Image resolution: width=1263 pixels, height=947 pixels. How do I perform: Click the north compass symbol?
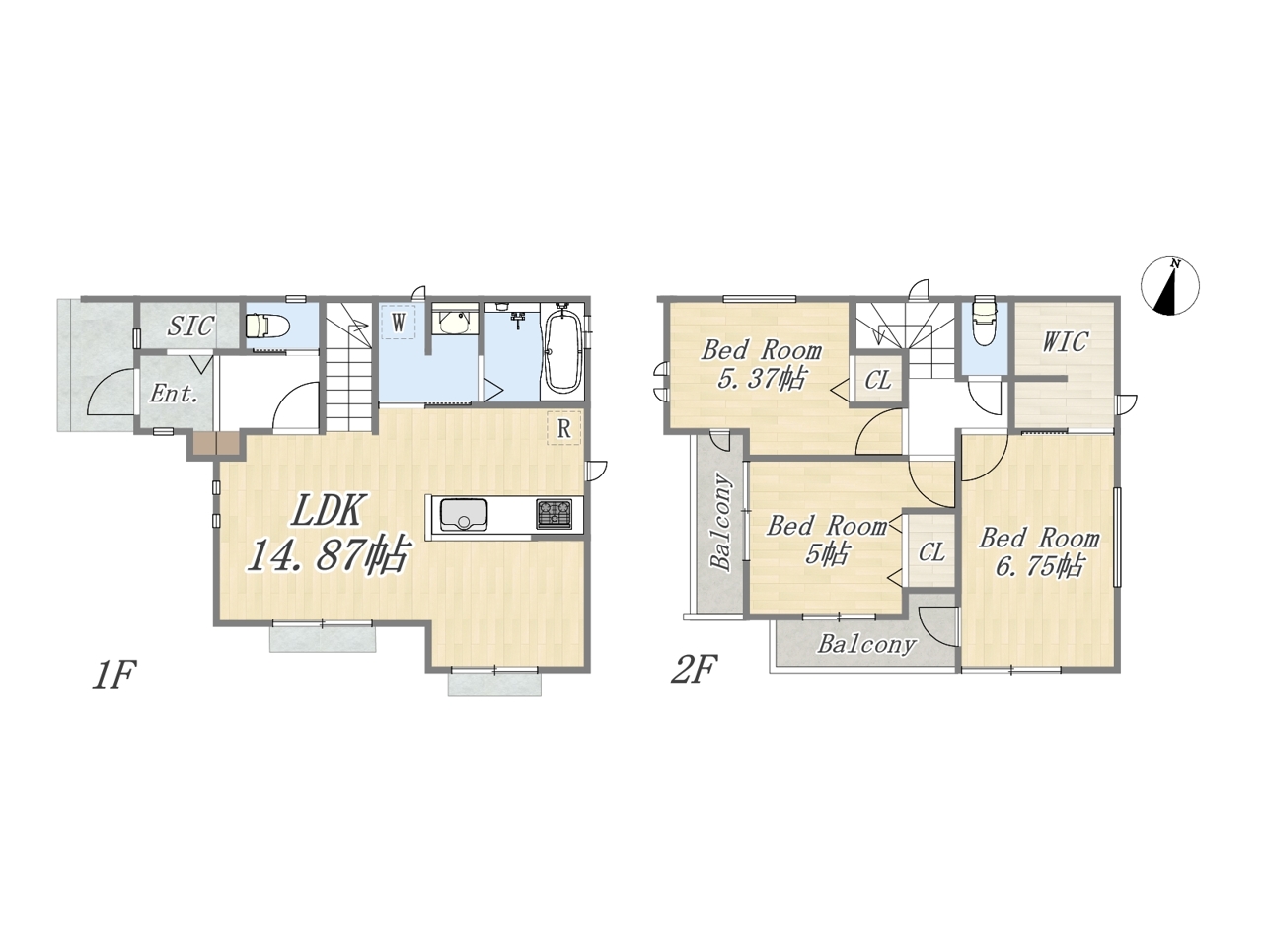[x=1170, y=286]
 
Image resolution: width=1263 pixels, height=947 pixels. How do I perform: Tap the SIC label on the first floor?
[x=191, y=326]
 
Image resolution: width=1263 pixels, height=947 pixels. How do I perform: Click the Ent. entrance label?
[x=174, y=394]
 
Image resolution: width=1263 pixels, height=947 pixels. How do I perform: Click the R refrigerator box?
[x=563, y=428]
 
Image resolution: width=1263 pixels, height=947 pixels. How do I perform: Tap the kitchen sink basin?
[x=463, y=515]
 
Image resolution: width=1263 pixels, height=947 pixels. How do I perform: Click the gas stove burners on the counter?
[x=555, y=514]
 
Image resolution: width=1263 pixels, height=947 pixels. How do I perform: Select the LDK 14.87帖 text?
[x=327, y=534]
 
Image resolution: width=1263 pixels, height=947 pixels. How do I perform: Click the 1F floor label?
[x=113, y=675]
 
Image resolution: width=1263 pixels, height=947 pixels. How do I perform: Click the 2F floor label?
[x=695, y=670]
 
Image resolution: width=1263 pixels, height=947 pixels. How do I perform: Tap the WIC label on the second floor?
[x=1065, y=341]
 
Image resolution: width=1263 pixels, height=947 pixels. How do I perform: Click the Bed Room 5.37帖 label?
[x=761, y=365]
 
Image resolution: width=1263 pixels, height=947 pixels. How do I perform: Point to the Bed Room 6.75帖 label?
[x=1039, y=552]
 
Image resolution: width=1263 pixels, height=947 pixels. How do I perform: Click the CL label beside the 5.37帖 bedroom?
[x=878, y=380]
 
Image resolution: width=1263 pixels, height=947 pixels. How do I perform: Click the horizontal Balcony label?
[x=866, y=644]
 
